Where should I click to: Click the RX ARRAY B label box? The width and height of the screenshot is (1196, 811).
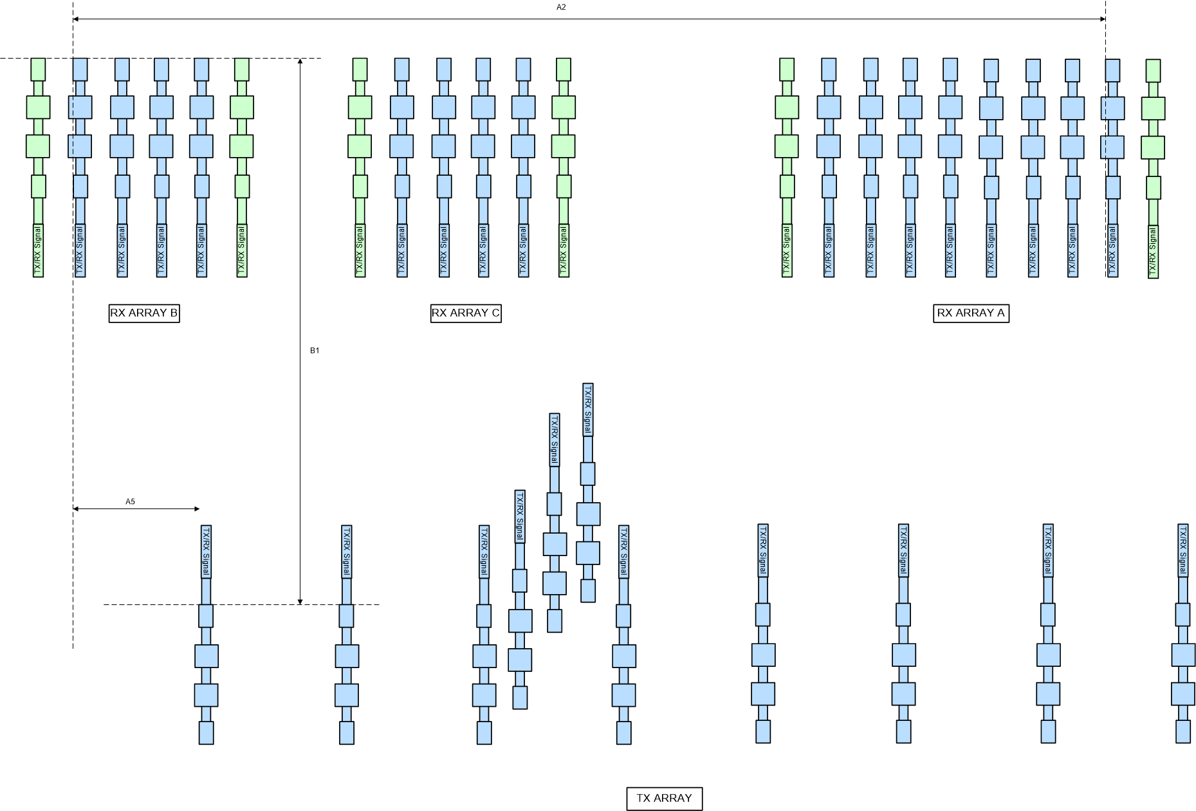[x=144, y=313]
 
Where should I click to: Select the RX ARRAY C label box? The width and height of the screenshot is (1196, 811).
[x=466, y=313]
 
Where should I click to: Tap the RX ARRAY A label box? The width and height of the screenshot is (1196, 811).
[x=971, y=313]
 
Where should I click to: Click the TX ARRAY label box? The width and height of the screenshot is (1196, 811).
[x=665, y=798]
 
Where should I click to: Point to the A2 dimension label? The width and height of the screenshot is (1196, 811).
[x=561, y=7]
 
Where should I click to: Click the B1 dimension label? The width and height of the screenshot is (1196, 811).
[x=315, y=351]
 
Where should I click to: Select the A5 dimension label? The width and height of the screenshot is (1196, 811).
[x=130, y=501]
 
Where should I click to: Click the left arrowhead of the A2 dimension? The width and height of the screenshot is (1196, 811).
[x=76, y=19]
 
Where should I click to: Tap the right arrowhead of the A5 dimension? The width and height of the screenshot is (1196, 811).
[x=197, y=508]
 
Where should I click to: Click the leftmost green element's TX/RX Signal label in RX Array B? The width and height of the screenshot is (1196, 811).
[x=38, y=250]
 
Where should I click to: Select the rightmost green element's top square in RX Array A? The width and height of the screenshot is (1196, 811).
[x=1153, y=71]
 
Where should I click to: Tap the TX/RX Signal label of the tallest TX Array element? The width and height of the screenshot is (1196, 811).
[x=587, y=409]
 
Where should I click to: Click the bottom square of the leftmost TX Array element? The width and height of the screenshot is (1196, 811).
[x=206, y=732]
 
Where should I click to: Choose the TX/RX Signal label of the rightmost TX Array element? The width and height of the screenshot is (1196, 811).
[x=1182, y=550]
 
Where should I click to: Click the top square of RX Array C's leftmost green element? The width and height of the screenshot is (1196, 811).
[x=360, y=70]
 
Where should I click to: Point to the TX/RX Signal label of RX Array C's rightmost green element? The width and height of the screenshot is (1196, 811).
[x=564, y=250]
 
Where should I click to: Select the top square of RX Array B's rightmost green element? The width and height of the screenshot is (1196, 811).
[x=242, y=70]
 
